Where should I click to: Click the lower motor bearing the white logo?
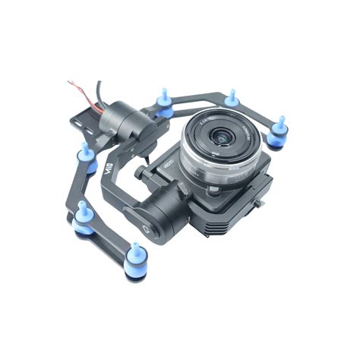pyautogui.click(x=156, y=216)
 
